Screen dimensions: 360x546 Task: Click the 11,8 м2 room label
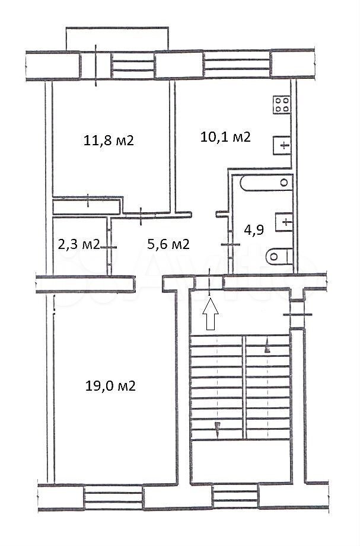click(x=109, y=141)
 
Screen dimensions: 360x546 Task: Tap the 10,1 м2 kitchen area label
click(x=225, y=137)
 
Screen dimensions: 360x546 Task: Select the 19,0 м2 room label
click(x=110, y=386)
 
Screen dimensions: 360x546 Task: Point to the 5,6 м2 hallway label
click(x=168, y=244)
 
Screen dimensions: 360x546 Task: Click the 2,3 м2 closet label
click(x=79, y=244)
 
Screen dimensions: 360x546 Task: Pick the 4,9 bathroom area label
click(x=253, y=230)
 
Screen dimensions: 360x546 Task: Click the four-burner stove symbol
click(x=282, y=104)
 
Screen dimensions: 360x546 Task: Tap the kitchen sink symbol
click(x=282, y=145)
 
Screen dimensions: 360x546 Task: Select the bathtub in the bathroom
click(x=266, y=183)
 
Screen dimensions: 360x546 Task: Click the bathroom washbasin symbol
click(x=284, y=222)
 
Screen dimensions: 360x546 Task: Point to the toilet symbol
click(x=279, y=257)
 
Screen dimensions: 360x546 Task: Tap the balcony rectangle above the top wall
click(x=117, y=39)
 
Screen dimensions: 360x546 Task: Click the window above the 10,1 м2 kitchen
click(x=237, y=64)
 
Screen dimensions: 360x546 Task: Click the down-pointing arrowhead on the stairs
click(x=218, y=427)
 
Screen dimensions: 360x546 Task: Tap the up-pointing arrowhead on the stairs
click(x=267, y=347)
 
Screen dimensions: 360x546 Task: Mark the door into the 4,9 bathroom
click(x=230, y=244)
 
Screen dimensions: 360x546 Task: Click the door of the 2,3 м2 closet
click(x=109, y=247)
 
